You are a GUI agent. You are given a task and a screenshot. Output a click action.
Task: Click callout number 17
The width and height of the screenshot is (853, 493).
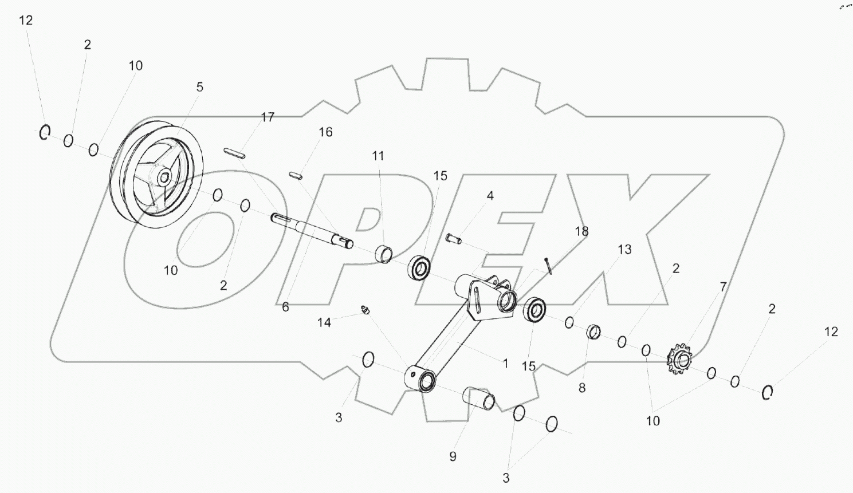[x=268, y=117]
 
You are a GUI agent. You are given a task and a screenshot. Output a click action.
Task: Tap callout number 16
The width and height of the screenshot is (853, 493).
[x=325, y=132]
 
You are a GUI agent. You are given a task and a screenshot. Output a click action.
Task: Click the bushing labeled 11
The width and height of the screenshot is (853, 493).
[x=383, y=254]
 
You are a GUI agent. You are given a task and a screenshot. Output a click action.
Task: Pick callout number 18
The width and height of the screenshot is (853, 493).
[x=581, y=231]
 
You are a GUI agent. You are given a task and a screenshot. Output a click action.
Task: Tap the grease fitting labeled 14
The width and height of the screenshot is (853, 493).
[x=365, y=310]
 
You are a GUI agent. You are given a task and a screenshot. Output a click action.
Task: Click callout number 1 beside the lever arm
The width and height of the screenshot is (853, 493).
[x=505, y=364]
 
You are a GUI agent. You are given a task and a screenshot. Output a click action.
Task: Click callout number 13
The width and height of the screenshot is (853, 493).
[x=624, y=250]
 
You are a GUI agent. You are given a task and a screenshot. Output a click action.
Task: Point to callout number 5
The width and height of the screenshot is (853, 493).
[x=199, y=87]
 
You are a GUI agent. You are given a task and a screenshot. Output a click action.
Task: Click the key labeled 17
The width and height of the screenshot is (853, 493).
[x=234, y=153]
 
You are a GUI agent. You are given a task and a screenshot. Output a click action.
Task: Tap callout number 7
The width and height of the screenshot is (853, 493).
[x=723, y=287]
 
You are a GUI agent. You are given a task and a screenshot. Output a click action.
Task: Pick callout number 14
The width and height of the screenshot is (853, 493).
[x=324, y=323]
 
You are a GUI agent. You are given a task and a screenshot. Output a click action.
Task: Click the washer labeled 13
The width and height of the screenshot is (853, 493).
[x=569, y=323]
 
